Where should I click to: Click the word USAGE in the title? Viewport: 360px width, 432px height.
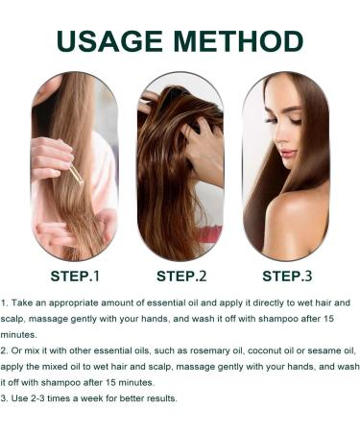(x=113, y=41)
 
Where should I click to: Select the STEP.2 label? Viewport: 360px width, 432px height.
(x=181, y=276)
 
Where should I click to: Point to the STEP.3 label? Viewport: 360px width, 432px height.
(x=287, y=276)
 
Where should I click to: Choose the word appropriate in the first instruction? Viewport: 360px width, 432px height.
(x=80, y=302)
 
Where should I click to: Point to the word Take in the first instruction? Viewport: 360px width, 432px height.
(x=24, y=302)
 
